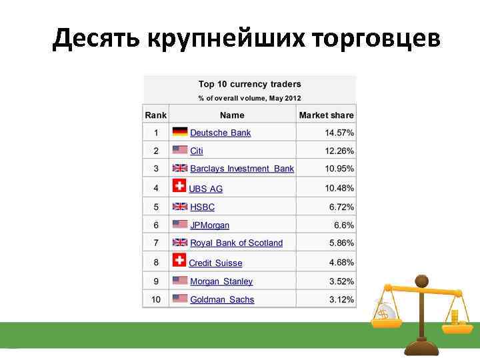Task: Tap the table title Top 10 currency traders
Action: pyautogui.click(x=249, y=84)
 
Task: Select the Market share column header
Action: pyautogui.click(x=326, y=115)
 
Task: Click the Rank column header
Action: pyautogui.click(x=155, y=115)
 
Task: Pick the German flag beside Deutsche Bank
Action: pyautogui.click(x=180, y=132)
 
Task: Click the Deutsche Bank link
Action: pyautogui.click(x=220, y=133)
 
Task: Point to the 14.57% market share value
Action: pyautogui.click(x=339, y=133)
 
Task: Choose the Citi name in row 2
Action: pyautogui.click(x=197, y=151)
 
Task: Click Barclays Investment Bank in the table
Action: pyautogui.click(x=241, y=169)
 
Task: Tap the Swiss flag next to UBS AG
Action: pyautogui.click(x=179, y=187)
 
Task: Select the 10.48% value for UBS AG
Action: pyautogui.click(x=339, y=188)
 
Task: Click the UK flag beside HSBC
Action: pyautogui.click(x=180, y=207)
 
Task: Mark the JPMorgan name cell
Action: pyautogui.click(x=209, y=225)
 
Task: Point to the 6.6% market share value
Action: pyautogui.click(x=343, y=225)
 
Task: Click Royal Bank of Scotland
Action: pyautogui.click(x=236, y=243)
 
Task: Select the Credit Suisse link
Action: pyautogui.click(x=215, y=263)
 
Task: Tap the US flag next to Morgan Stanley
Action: pyautogui.click(x=180, y=281)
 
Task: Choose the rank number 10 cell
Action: pyautogui.click(x=155, y=299)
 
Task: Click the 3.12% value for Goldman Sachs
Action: pyautogui.click(x=341, y=299)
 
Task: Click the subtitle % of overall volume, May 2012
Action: pyautogui.click(x=249, y=98)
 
